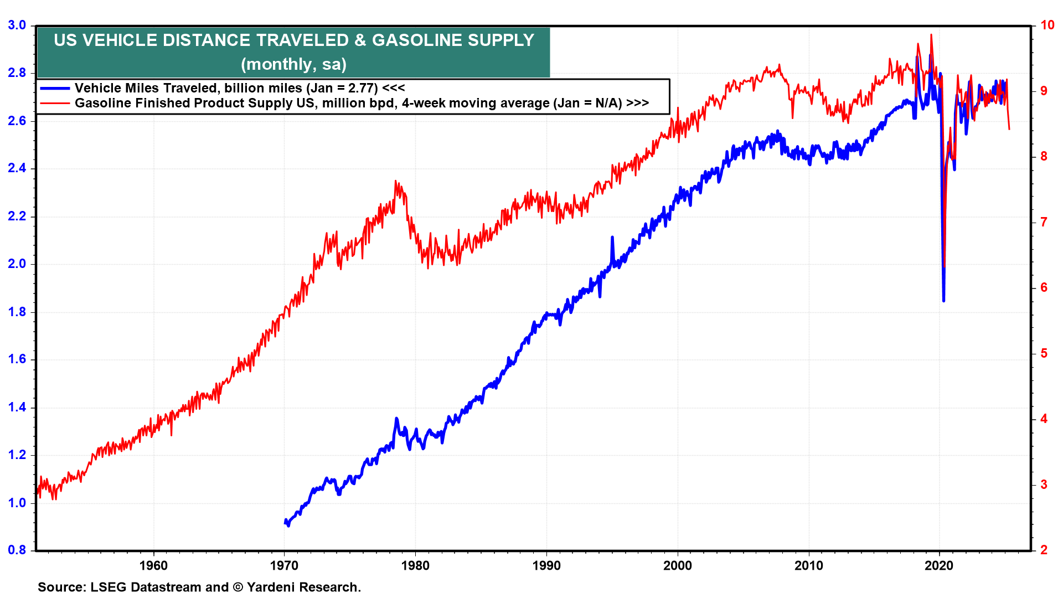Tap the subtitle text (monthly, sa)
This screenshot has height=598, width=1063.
[293, 64]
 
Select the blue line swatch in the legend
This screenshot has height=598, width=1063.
[55, 88]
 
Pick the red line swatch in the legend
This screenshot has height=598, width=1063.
[55, 103]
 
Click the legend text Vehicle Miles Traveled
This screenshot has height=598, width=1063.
[146, 88]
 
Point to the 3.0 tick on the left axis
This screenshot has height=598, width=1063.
[17, 25]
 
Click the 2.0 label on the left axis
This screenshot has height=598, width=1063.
[17, 264]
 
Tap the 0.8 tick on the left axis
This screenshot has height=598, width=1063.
[17, 550]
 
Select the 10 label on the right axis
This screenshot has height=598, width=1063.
[1047, 25]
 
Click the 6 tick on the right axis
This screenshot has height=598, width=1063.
[1044, 287]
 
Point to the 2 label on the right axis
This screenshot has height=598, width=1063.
[1044, 550]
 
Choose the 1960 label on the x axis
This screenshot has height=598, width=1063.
[153, 565]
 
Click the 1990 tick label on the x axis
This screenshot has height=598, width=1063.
[546, 565]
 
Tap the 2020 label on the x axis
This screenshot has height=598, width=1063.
[940, 565]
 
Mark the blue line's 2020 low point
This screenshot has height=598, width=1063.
[943, 300]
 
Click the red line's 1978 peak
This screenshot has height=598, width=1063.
[395, 181]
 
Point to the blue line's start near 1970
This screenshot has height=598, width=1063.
[285, 520]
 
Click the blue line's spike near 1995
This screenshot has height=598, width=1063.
[612, 238]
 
